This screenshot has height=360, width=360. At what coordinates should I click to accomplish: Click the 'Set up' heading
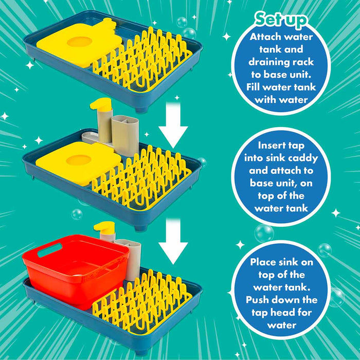[281, 20]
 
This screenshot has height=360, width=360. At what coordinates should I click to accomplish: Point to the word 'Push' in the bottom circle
[257, 300]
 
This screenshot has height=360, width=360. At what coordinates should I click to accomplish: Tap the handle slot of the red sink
[49, 250]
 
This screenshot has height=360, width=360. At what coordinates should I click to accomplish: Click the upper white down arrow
[173, 125]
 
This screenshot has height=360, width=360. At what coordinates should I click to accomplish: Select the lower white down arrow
[173, 242]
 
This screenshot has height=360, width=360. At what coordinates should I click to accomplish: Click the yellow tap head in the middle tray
[101, 104]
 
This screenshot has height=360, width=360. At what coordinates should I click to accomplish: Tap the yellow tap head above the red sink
[104, 227]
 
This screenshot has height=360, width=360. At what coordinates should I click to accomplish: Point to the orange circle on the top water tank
[79, 42]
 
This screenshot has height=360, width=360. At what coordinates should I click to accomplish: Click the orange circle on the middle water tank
[79, 160]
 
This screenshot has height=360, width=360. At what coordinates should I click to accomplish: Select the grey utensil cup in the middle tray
[125, 135]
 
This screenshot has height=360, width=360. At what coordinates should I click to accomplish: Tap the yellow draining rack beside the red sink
[142, 303]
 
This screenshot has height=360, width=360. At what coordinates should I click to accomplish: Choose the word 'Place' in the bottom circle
[264, 262]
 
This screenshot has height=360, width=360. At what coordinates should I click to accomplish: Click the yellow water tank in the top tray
[79, 44]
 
